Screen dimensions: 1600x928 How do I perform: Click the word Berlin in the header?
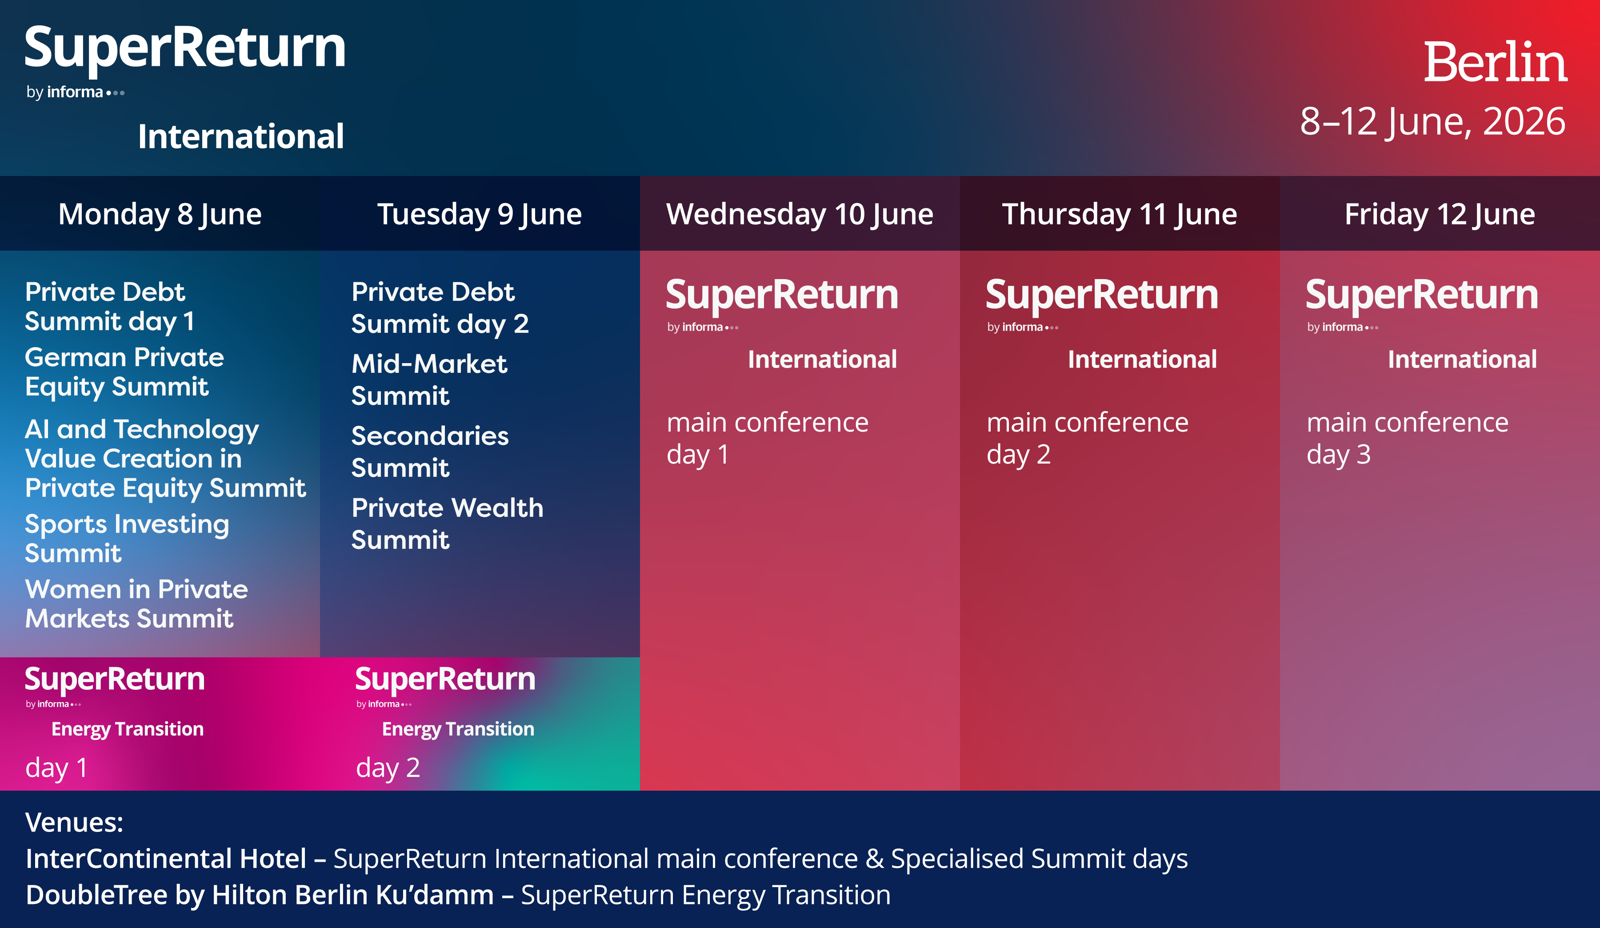(x=1495, y=62)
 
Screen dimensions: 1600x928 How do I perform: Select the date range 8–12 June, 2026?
(x=1432, y=121)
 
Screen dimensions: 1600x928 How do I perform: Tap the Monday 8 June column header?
(x=160, y=214)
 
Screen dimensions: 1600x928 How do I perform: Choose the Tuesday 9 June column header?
(x=480, y=214)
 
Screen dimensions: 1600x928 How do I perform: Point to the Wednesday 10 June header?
(x=800, y=214)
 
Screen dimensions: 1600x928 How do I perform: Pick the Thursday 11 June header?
(x=1120, y=214)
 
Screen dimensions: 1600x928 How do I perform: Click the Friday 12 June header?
(x=1440, y=214)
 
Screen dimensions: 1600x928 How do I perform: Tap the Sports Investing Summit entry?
(x=127, y=538)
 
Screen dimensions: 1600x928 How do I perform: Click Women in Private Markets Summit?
(x=136, y=604)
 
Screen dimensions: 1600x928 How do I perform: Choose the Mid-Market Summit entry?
(x=429, y=380)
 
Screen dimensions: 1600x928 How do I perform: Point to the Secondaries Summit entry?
(x=430, y=451)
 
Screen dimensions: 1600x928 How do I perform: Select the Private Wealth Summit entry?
(x=448, y=523)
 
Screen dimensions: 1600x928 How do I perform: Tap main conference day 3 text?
(x=1407, y=438)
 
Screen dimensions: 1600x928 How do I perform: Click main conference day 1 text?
(x=767, y=438)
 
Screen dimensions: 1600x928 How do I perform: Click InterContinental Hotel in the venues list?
(x=166, y=858)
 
